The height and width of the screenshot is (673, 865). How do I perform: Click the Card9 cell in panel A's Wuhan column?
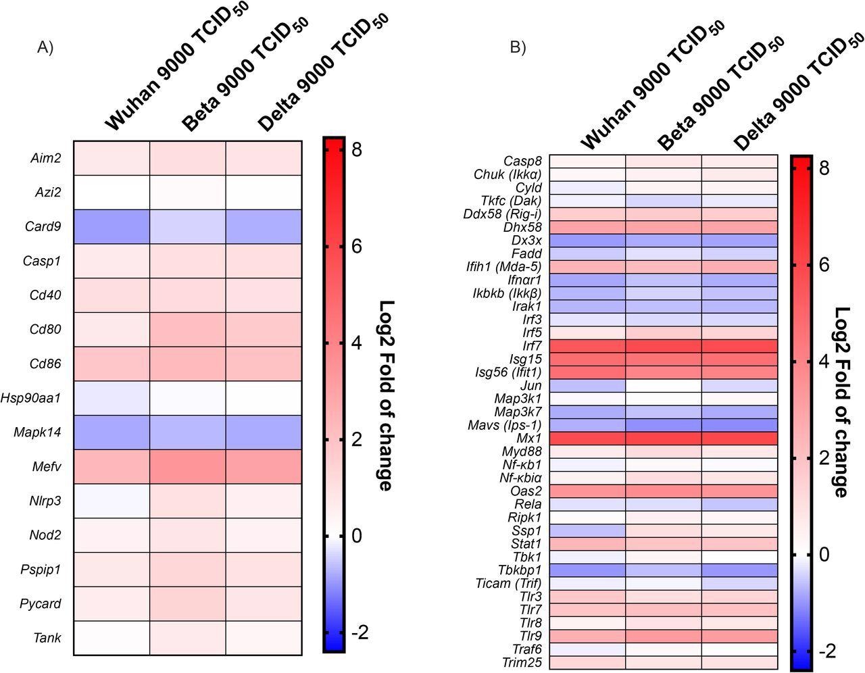(x=112, y=226)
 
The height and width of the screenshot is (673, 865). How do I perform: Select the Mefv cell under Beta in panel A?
(x=187, y=466)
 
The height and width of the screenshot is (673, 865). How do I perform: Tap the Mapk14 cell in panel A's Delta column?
(x=264, y=432)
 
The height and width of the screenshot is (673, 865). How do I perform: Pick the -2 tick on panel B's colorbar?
(x=828, y=651)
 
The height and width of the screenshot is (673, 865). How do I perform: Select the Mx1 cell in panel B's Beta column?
(x=664, y=438)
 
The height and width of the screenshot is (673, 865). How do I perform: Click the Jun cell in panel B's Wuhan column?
(x=587, y=386)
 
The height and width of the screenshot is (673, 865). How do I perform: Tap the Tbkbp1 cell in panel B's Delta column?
(x=739, y=570)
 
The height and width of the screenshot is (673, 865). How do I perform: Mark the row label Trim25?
(x=522, y=662)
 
